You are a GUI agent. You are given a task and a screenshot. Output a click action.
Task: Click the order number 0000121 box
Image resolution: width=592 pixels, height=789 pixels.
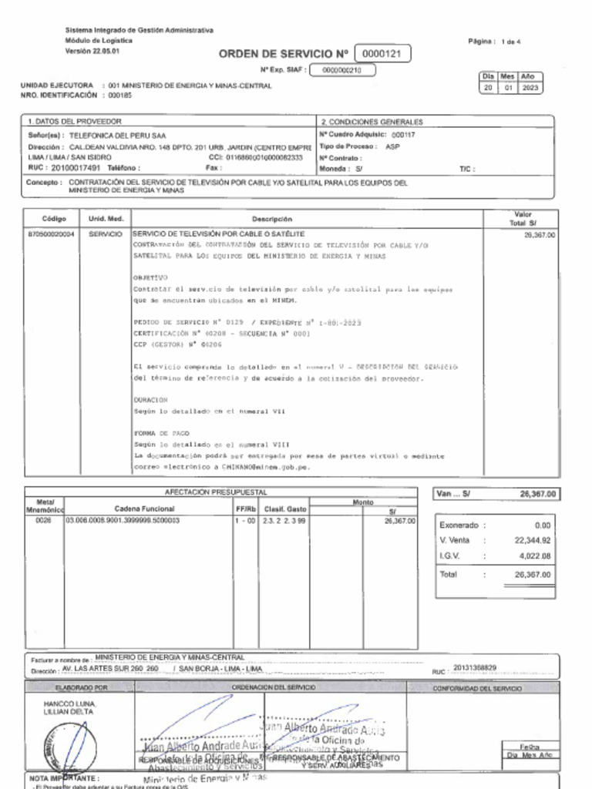382,54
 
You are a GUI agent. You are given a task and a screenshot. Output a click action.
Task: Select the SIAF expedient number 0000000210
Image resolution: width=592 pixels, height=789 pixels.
342,70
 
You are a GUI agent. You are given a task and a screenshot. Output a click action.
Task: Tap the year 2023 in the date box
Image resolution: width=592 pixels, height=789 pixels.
530,88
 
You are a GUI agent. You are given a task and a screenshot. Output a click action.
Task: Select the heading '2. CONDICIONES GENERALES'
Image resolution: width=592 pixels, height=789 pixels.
372,122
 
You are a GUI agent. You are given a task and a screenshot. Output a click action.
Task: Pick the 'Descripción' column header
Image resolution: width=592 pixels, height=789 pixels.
271,219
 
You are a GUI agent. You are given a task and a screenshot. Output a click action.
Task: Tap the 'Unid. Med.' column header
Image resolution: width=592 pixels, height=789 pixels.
101,219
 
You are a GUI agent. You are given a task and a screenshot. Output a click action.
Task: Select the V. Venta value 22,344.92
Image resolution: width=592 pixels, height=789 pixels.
532,540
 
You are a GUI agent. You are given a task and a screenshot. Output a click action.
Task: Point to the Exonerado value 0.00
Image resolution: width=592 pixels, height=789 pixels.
541,525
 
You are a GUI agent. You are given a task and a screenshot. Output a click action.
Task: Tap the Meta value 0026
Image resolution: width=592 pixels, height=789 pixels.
43,521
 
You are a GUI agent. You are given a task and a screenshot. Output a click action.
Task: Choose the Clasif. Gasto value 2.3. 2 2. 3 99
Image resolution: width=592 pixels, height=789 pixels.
284,521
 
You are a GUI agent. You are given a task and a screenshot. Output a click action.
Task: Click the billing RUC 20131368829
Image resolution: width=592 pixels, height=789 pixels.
476,667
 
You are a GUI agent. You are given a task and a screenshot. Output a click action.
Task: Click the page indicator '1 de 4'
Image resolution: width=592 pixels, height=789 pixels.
510,42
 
